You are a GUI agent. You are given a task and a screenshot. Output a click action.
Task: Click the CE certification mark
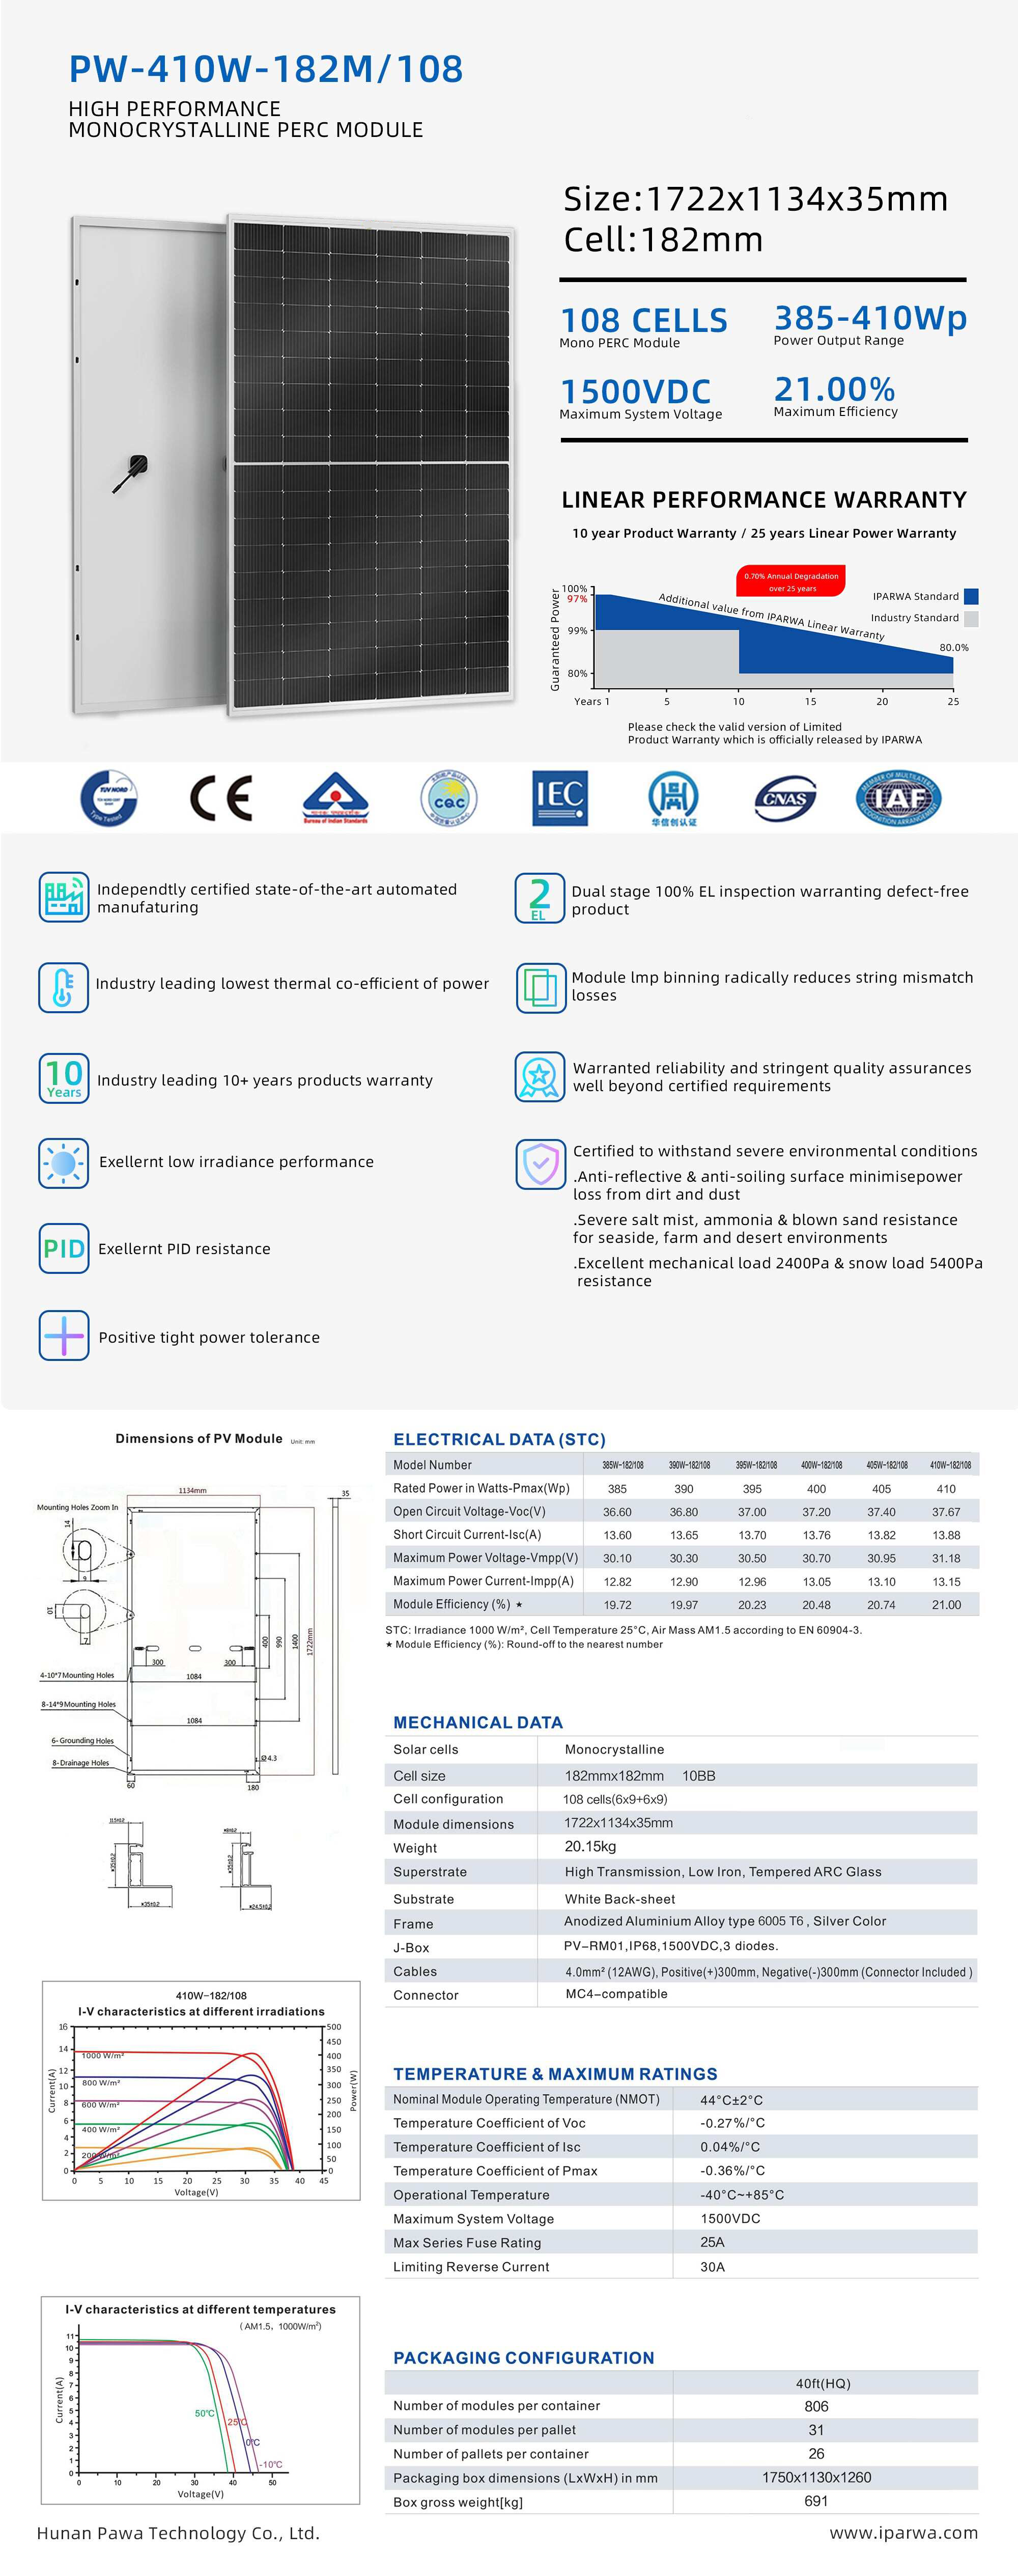coord(220,797)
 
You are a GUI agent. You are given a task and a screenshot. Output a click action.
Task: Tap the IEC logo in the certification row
coord(560,797)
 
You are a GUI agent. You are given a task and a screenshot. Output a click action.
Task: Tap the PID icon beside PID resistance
coord(64,1248)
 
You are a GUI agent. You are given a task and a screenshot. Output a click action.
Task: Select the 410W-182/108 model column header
coord(949,1465)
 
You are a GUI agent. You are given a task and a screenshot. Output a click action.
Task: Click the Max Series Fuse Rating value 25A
coord(712,2242)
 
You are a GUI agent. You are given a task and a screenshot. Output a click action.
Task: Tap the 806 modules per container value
coord(815,2406)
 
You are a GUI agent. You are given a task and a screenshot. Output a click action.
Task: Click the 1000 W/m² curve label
coord(102,2055)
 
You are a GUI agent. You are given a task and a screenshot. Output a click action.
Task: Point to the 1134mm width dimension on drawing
coord(193,1490)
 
